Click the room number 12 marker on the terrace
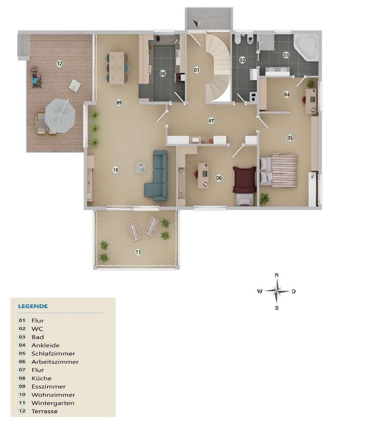59,64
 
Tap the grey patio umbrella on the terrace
60,115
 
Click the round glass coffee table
141,168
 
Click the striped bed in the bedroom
282,170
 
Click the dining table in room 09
117,68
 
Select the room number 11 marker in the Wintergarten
138,252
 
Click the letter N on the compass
277,275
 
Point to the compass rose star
277,291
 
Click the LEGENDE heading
33,307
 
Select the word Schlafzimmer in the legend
53,354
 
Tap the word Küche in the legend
41,378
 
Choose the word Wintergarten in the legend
53,403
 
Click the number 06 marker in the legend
22,362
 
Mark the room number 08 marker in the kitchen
163,74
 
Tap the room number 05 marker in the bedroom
290,138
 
